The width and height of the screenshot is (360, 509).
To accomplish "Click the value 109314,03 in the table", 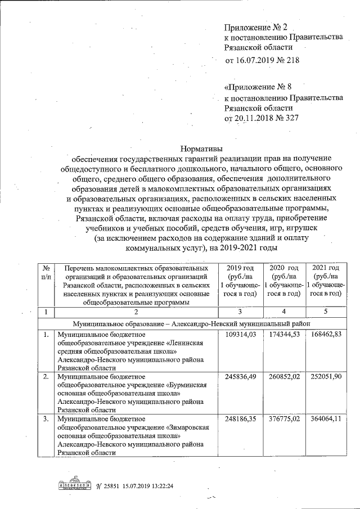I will [x=239, y=335].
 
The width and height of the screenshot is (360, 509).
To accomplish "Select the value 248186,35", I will [x=239, y=418].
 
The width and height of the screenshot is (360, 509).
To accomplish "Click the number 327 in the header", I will [x=291, y=118].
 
